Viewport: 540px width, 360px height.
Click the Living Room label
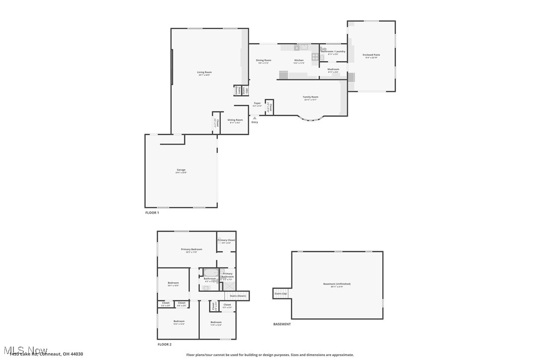[x=204, y=73]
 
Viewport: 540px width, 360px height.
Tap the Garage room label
[x=181, y=170]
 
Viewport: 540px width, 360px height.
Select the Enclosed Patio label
[x=371, y=55]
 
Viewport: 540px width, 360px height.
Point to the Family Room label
[x=311, y=97]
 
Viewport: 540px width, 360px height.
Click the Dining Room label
[x=264, y=60]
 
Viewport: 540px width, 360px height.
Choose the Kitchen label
[x=298, y=60]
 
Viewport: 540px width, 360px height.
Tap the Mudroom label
[x=333, y=69]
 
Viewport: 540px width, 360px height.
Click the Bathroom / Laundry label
[x=333, y=51]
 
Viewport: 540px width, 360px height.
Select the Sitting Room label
[x=235, y=120]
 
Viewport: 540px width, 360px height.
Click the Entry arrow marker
[x=255, y=118]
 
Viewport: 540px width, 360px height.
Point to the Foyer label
[x=257, y=103]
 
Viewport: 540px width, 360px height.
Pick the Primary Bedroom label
[x=191, y=249]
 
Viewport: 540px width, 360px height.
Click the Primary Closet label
[x=226, y=240]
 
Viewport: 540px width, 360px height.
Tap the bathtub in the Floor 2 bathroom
[x=210, y=272]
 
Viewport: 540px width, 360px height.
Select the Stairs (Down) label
[x=238, y=296]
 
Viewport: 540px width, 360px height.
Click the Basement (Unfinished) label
[x=337, y=284]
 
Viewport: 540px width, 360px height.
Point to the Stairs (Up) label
[x=280, y=293]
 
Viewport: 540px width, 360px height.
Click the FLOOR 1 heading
[x=152, y=213]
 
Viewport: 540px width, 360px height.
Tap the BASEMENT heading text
[x=282, y=324]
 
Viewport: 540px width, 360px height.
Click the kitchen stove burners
[x=315, y=57]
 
